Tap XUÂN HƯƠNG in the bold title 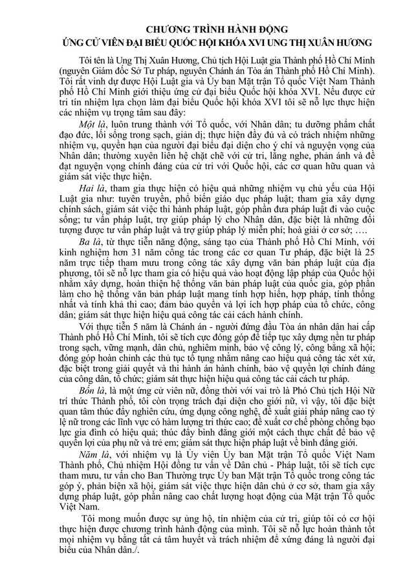point(343,43)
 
